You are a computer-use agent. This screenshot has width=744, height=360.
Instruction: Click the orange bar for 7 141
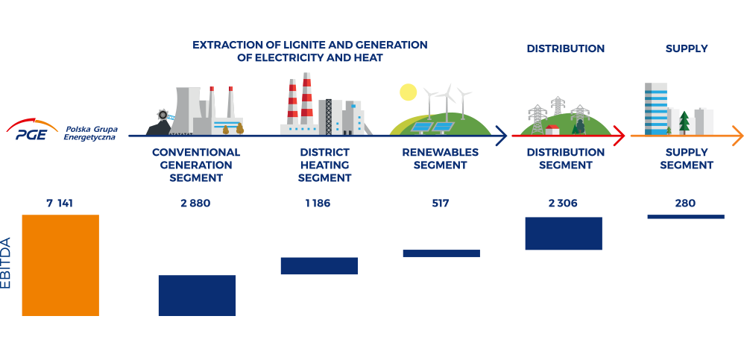coord(60,265)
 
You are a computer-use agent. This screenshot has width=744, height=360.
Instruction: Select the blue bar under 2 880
coord(197,295)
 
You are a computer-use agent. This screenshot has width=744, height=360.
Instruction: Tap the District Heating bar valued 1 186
coord(319,265)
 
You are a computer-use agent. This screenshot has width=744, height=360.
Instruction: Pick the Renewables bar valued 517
coord(441,253)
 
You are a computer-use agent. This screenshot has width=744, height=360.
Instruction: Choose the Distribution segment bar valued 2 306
coord(564,233)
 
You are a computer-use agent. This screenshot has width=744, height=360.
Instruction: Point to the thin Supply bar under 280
coord(686,217)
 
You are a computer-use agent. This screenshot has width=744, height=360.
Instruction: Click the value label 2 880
coord(195,203)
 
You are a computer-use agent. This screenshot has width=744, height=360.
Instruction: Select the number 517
coord(441,203)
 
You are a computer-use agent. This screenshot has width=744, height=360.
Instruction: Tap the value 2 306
coord(563,203)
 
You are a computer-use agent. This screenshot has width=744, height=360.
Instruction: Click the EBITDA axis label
coord(6,263)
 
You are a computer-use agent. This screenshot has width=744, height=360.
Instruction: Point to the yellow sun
coord(408,92)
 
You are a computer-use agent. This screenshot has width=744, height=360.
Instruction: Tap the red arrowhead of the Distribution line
coord(620,136)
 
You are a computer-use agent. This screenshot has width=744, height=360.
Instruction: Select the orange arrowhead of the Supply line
coord(738,136)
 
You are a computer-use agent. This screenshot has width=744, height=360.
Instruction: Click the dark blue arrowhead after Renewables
coord(502,136)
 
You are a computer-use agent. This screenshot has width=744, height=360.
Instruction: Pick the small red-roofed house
coord(552,130)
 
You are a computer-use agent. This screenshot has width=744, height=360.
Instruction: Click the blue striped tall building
coord(656,109)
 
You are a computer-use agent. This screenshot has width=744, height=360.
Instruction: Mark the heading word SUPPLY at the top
coord(687,48)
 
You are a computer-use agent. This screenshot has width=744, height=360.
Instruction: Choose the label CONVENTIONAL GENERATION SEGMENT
coord(196,165)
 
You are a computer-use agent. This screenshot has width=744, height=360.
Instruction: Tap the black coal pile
coord(159,127)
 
